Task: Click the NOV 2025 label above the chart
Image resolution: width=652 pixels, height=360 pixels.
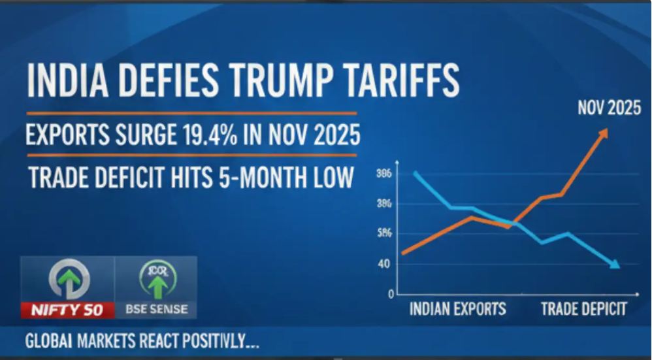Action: [609, 108]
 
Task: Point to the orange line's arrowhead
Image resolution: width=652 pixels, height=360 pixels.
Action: [603, 133]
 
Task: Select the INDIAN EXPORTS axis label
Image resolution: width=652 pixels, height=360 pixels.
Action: [457, 309]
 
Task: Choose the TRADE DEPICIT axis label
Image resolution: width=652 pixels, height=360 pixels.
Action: [583, 309]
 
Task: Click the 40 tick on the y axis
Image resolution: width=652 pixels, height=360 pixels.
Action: [384, 264]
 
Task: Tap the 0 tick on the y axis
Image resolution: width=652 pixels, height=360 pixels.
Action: [391, 294]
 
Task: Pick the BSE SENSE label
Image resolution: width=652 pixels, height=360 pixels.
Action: [156, 309]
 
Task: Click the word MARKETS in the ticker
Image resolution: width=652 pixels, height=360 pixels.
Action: [116, 342]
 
